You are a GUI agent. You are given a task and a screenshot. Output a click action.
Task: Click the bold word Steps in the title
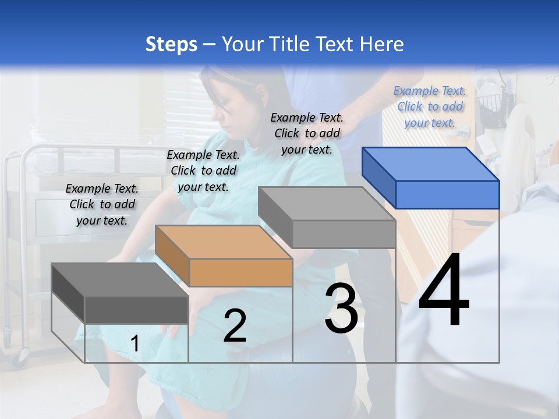click(x=171, y=44)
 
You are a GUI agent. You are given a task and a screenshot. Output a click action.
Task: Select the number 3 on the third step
click(x=341, y=308)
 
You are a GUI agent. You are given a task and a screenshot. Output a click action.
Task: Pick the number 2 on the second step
click(x=235, y=326)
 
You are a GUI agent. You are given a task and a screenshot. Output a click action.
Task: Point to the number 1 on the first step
click(x=135, y=344)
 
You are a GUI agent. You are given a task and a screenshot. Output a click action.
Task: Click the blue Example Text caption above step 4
click(x=430, y=106)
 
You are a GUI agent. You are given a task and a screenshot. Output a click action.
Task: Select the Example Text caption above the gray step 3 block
click(x=307, y=133)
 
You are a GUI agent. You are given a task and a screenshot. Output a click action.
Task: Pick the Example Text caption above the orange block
click(x=203, y=171)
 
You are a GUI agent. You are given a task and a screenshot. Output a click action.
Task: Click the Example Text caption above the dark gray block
click(x=102, y=204)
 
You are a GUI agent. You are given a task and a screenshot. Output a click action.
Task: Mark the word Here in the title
click(x=381, y=44)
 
